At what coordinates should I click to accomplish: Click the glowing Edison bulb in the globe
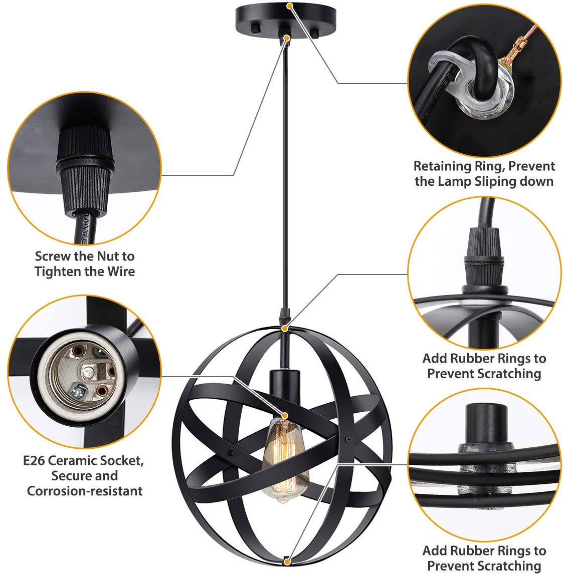coord(285,460)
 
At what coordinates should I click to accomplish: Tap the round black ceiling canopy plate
coord(285,20)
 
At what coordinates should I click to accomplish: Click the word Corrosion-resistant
coord(85,491)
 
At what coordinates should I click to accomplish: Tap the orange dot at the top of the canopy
coord(290,6)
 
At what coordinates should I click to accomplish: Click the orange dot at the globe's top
coord(284,329)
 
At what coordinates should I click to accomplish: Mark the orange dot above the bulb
coord(284,415)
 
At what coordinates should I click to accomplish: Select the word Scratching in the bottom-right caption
coord(510,566)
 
